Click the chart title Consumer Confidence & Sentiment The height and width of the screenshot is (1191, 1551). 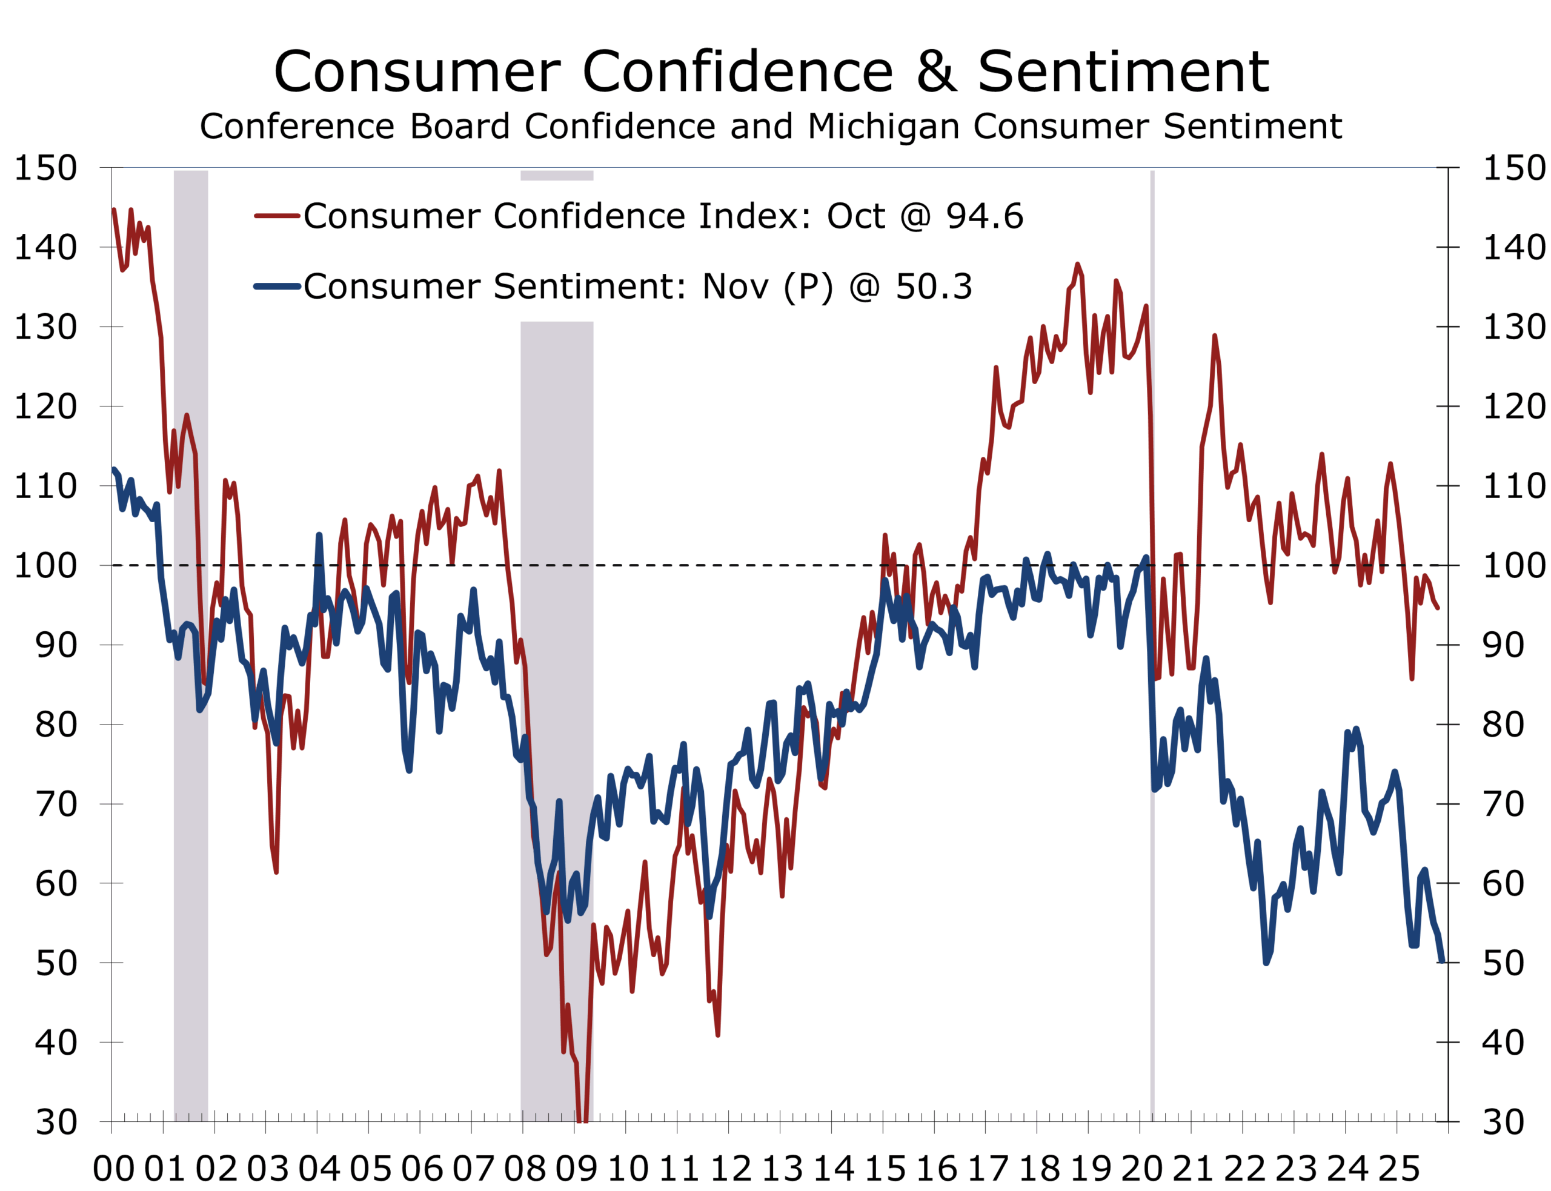point(771,71)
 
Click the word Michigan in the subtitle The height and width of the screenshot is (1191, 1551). point(883,127)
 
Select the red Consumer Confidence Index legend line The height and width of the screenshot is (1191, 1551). point(277,216)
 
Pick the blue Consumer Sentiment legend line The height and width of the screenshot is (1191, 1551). point(277,287)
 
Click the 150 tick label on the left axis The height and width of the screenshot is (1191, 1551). point(45,168)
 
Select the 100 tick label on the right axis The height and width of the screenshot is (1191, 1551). point(1513,566)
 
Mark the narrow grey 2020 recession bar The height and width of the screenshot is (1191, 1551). point(1152,638)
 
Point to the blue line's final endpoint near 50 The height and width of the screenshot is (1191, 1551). point(1442,961)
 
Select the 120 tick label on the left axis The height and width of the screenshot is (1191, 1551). point(45,406)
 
